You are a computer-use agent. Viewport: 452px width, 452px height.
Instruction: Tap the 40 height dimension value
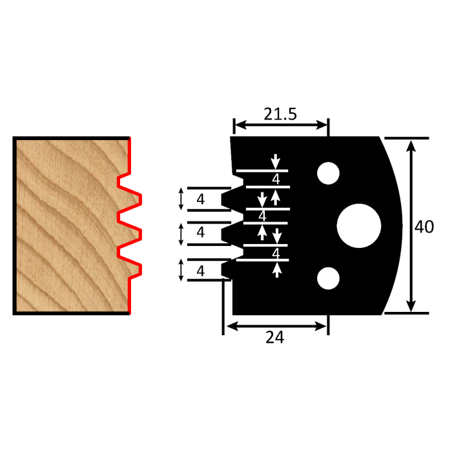point(424,226)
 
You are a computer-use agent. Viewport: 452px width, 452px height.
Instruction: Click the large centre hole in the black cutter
point(359,226)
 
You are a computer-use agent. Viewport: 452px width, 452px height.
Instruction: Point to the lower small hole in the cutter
point(328,278)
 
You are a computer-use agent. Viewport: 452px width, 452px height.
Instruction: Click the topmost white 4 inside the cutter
point(276,179)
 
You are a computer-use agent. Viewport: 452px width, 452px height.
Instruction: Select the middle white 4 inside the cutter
point(262,215)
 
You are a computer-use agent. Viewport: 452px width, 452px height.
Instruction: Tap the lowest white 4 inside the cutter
point(276,253)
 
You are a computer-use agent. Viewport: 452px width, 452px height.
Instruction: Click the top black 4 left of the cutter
point(200,200)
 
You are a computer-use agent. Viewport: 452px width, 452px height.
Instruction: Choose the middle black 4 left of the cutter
point(200,232)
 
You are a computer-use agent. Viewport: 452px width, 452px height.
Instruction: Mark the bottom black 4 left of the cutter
point(200,271)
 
